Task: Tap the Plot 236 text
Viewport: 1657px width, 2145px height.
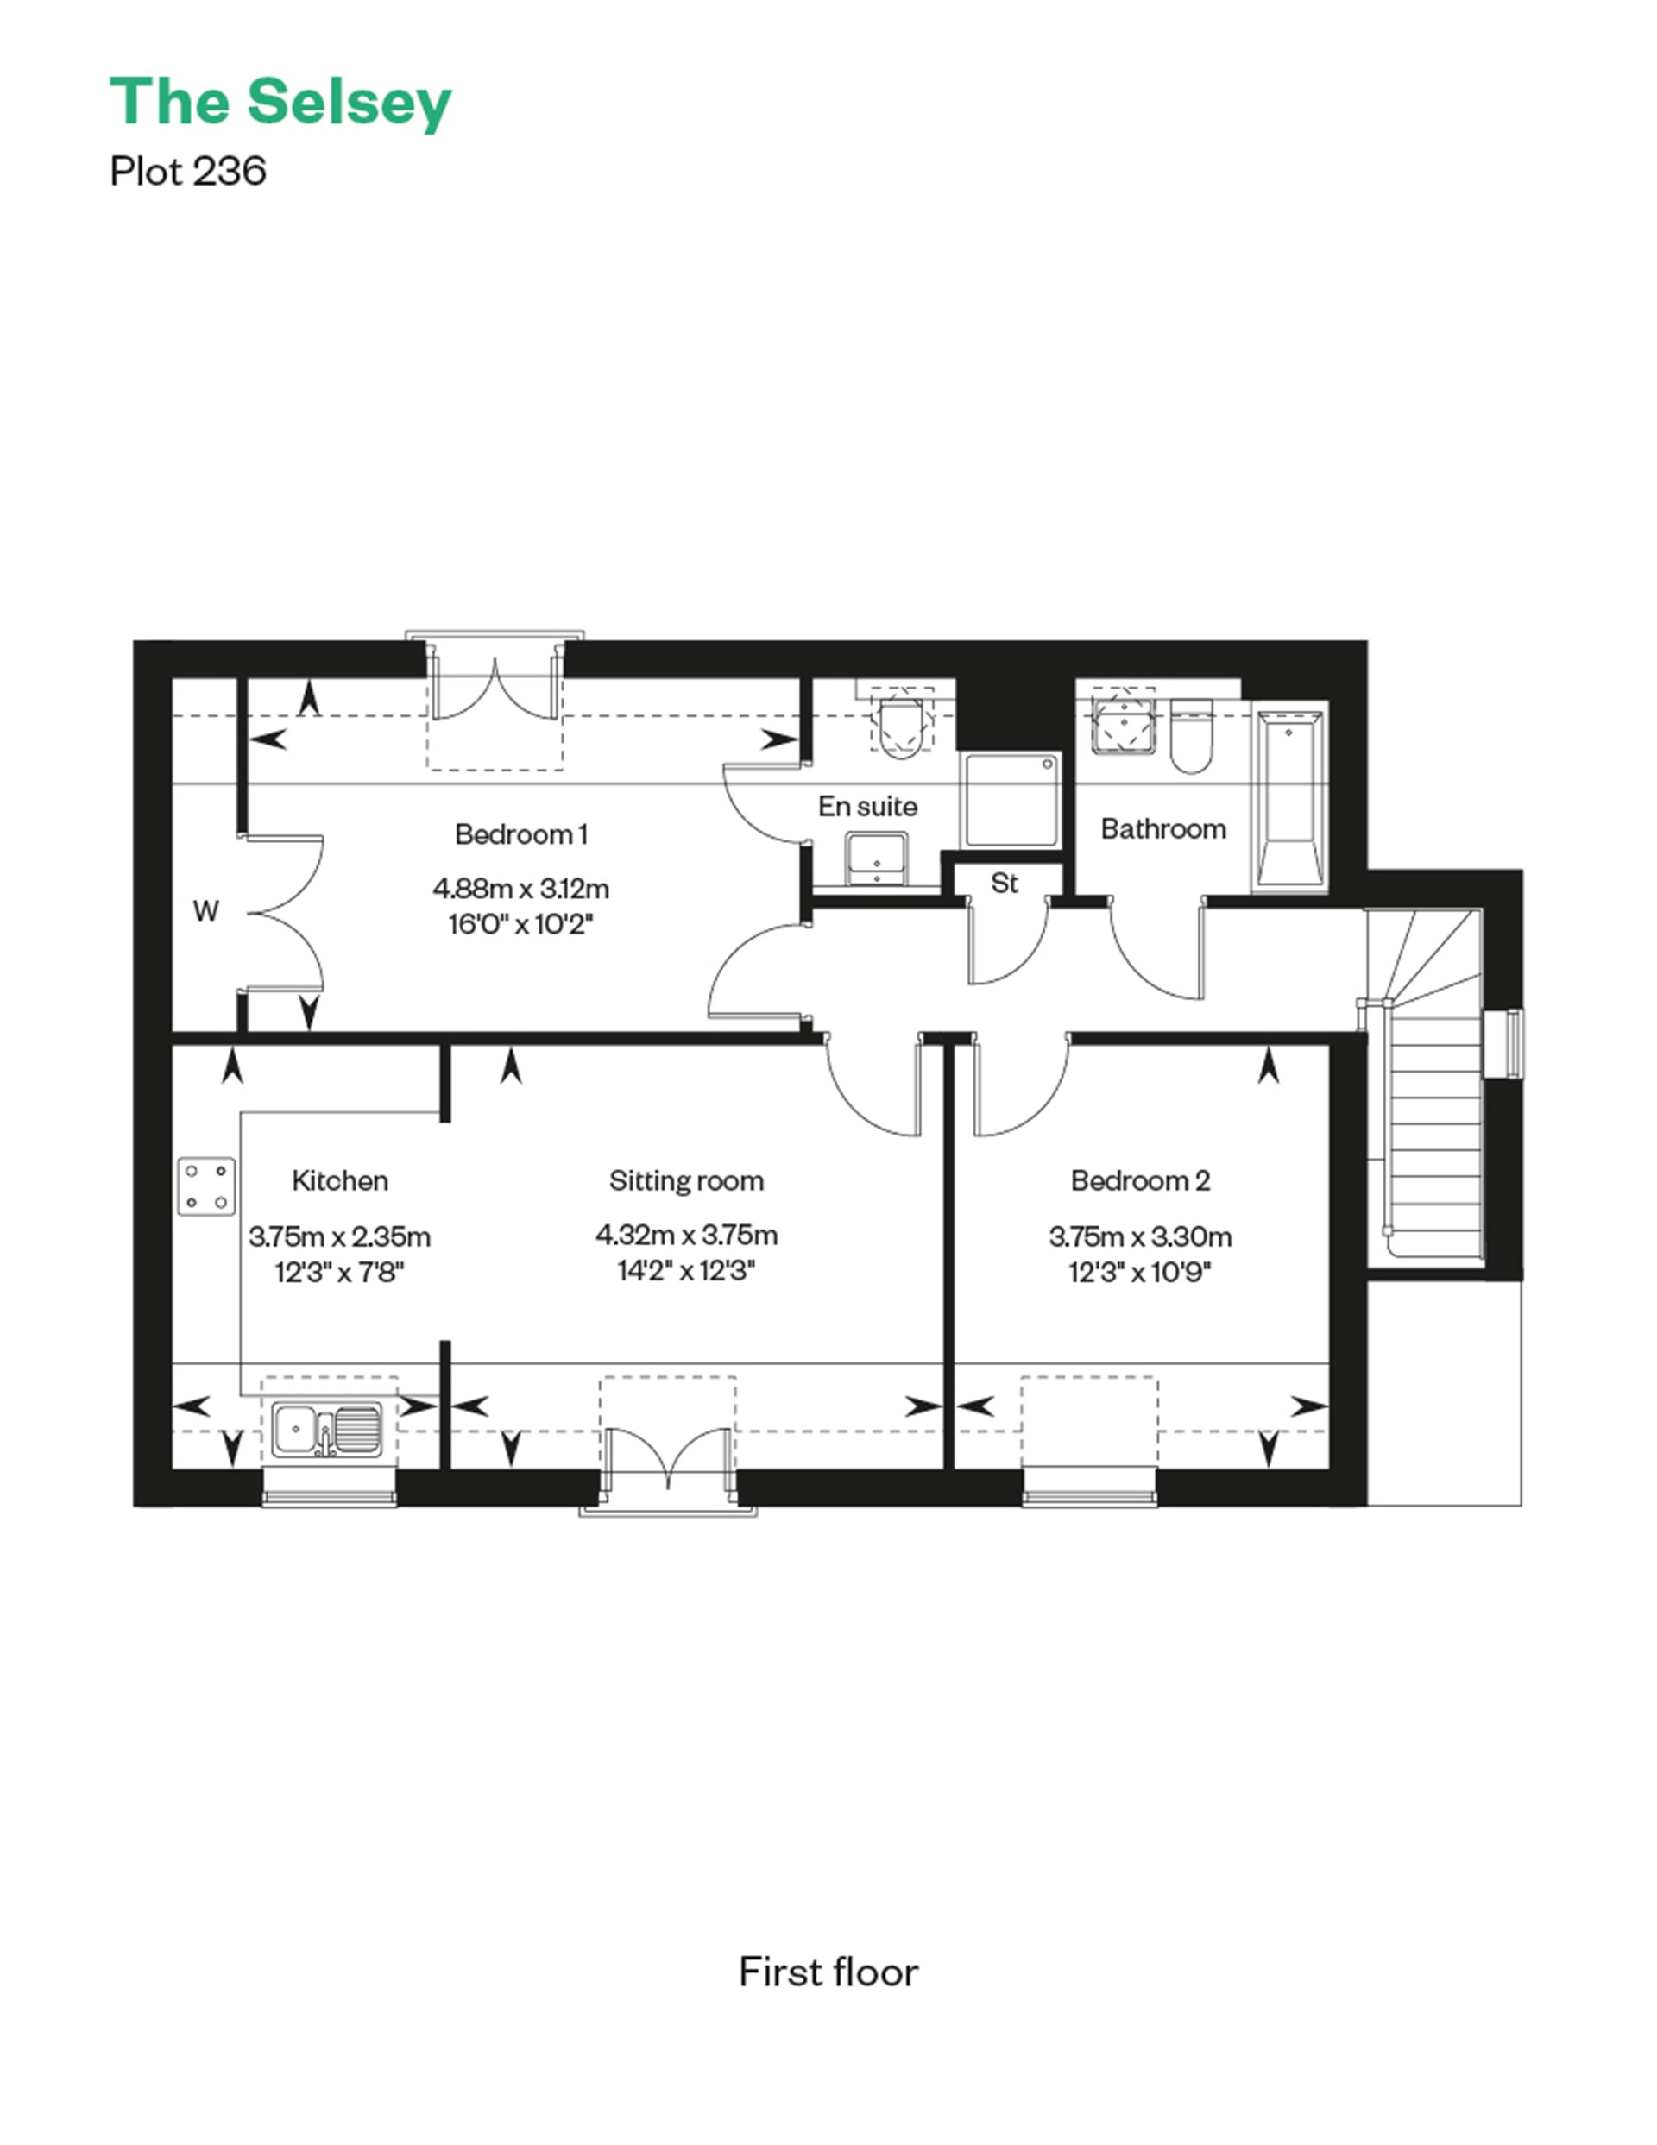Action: coord(187,172)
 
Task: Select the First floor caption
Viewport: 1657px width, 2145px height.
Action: coord(828,1972)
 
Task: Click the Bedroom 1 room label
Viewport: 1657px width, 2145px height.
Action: coord(520,835)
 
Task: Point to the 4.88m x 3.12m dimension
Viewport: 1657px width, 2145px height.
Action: coord(520,889)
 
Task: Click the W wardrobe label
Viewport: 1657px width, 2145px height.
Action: coord(205,911)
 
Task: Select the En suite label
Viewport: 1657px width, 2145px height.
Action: coord(867,807)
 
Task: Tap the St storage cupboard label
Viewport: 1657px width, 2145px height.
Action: coord(1004,883)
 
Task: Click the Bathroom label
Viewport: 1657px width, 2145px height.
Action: coord(1163,829)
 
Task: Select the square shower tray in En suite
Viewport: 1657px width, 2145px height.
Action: coord(1011,801)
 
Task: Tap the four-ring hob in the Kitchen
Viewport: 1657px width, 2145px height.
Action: coord(206,1186)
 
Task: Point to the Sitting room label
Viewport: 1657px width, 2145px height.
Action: coord(685,1180)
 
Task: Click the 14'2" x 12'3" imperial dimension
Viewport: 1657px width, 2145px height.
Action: coord(685,1272)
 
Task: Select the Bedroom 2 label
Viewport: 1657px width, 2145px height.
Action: coord(1139,1180)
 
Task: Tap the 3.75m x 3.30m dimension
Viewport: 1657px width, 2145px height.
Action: coord(1139,1236)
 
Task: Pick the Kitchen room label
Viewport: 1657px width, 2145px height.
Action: coord(340,1180)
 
